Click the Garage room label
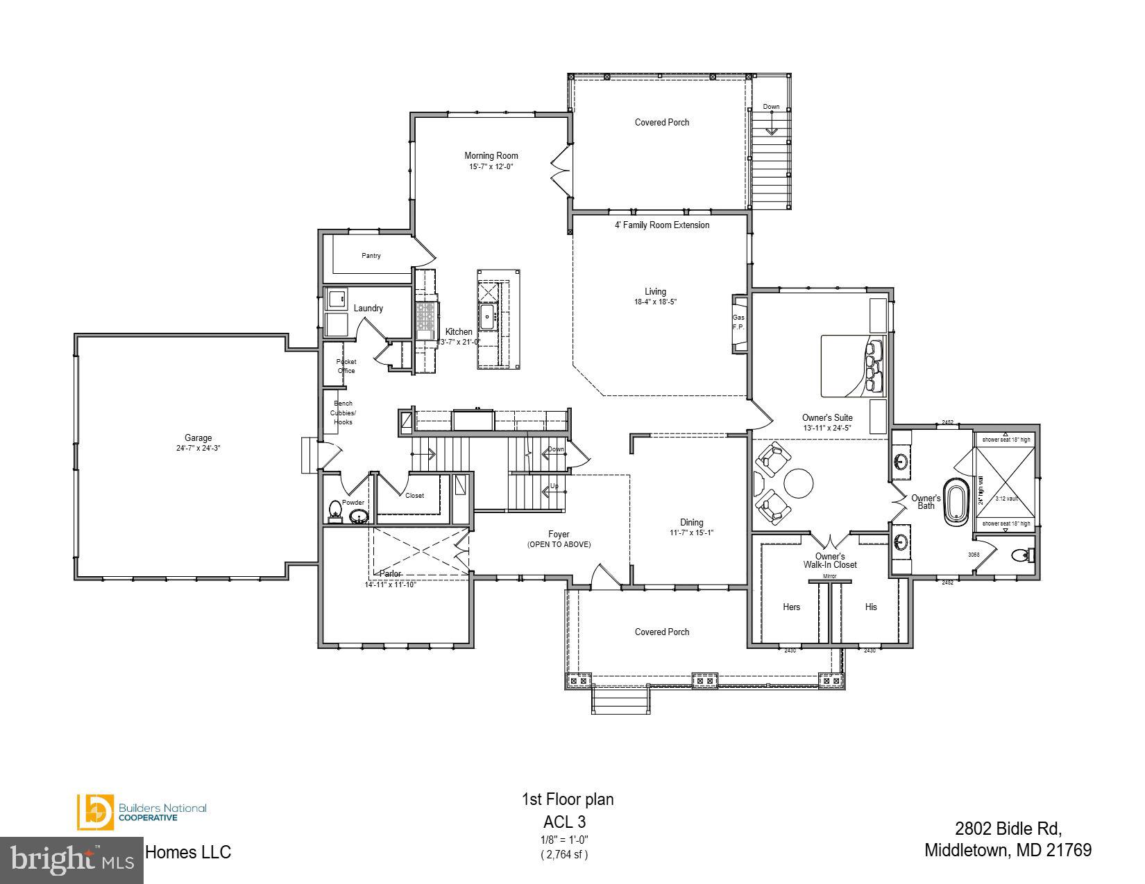click(x=198, y=437)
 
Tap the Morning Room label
click(x=491, y=155)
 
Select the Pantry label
click(x=371, y=256)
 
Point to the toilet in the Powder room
click(x=335, y=510)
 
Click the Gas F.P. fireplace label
click(x=738, y=322)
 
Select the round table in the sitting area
click(x=799, y=483)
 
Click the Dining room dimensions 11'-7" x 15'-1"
click(x=691, y=533)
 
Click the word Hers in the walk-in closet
click(x=791, y=607)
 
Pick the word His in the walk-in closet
click(x=871, y=607)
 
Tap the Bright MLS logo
click(x=71, y=860)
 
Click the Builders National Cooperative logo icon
click(x=95, y=812)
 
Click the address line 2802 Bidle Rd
click(x=1008, y=829)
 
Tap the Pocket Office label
click(x=346, y=366)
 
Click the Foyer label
click(x=559, y=534)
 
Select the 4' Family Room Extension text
click(x=662, y=225)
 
